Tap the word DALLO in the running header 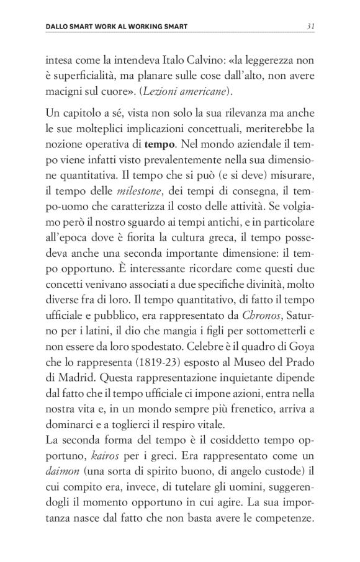coord(60,27)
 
